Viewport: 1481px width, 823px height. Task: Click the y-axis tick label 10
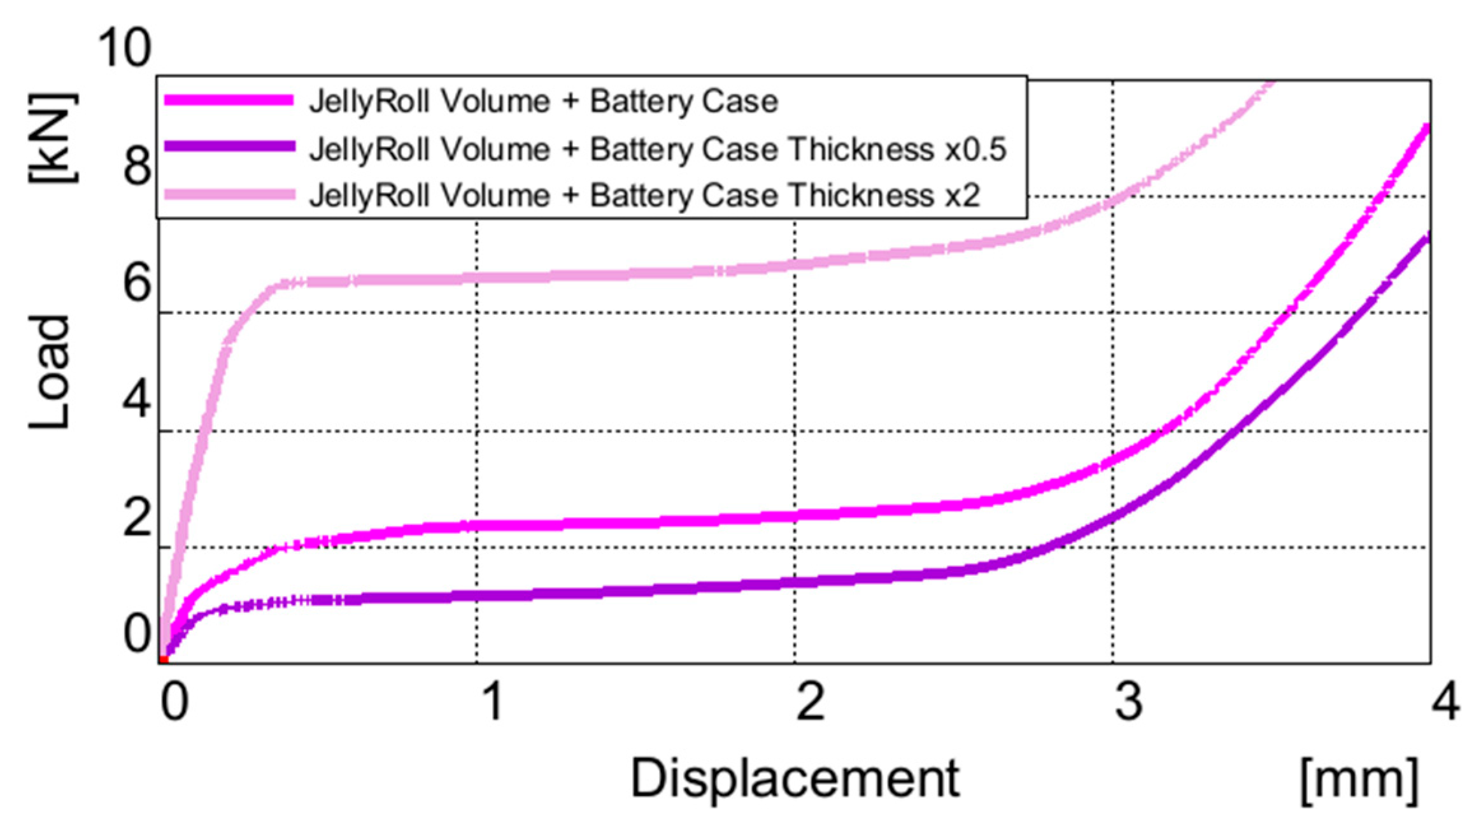(x=125, y=48)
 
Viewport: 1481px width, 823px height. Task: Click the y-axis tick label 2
(x=137, y=517)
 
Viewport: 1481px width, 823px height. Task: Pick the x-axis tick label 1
(x=492, y=701)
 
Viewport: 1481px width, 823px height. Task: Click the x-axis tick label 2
(x=810, y=701)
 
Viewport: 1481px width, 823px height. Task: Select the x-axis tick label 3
(x=1129, y=701)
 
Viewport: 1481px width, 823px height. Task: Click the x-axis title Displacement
(x=795, y=778)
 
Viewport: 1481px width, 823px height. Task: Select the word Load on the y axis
(x=50, y=373)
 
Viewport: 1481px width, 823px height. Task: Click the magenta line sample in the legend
(x=229, y=101)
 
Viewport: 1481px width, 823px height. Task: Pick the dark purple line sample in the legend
(x=229, y=147)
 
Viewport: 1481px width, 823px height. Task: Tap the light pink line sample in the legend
(x=229, y=194)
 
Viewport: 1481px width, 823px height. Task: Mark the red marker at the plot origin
(x=164, y=659)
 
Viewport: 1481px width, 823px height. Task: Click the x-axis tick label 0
(x=174, y=701)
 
